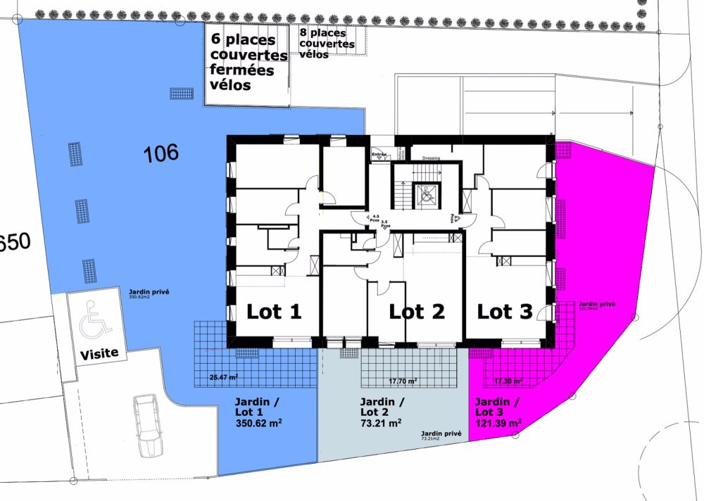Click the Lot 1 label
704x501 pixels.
273,312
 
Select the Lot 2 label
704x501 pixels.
417,312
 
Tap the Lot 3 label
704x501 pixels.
505,312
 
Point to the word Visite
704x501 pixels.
99,353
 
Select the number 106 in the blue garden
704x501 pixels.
161,152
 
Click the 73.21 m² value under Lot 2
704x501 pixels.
380,424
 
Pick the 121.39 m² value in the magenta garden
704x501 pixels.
498,424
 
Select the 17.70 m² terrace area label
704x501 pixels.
402,381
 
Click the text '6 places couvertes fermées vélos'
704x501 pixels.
248,62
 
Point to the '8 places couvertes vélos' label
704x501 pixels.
327,44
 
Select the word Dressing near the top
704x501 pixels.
431,158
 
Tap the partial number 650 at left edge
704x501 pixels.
15,243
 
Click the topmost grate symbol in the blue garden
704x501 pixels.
181,94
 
